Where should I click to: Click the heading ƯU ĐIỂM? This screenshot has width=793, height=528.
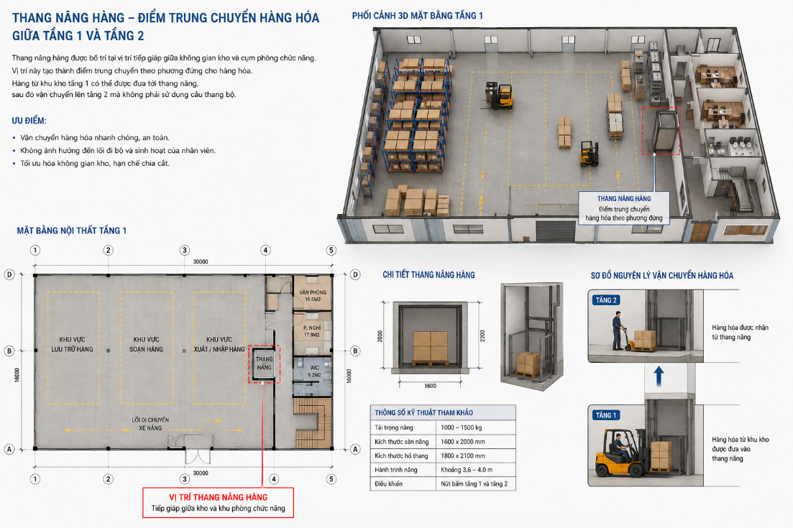click(x=29, y=121)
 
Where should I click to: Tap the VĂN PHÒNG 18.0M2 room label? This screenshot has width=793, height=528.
click(x=313, y=295)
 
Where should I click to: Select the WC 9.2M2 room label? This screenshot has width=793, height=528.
click(x=315, y=371)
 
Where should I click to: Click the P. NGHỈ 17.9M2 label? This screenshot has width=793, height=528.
click(x=312, y=331)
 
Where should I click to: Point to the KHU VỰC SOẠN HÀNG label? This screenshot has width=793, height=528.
click(x=146, y=344)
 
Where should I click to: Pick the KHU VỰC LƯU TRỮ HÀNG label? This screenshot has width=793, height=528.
click(x=73, y=344)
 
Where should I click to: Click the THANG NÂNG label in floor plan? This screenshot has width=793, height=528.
click(x=264, y=363)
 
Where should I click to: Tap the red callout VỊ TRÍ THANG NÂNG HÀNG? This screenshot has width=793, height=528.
click(x=218, y=502)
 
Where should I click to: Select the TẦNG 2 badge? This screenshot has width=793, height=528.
click(x=606, y=300)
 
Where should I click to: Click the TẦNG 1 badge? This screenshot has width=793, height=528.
click(x=606, y=415)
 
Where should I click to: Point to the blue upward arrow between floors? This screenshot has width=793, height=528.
click(x=659, y=376)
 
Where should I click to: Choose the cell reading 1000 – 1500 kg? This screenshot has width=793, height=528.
click(x=462, y=427)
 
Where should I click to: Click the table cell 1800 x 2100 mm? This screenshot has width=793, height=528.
click(x=463, y=455)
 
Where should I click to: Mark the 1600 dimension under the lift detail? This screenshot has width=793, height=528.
click(x=431, y=386)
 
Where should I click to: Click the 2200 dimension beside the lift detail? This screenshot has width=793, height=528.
click(x=482, y=336)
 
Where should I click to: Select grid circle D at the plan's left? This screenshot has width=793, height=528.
click(x=9, y=274)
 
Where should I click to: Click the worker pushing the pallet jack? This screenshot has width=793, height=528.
click(x=618, y=331)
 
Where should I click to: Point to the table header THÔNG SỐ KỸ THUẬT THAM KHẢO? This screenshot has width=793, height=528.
click(x=423, y=413)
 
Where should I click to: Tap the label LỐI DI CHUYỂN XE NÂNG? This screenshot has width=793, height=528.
click(x=150, y=424)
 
